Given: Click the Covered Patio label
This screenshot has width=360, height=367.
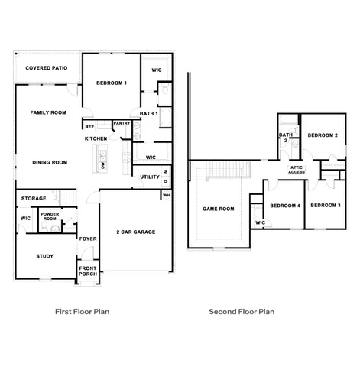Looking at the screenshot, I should pyautogui.click(x=46, y=68).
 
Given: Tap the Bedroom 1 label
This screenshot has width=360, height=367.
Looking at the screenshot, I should pyautogui.click(x=111, y=83).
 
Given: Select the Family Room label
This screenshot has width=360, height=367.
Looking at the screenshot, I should pyautogui.click(x=46, y=112).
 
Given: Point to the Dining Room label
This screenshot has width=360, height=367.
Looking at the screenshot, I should pyautogui.click(x=50, y=162).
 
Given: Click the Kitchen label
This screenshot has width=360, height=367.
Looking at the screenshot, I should pyautogui.click(x=96, y=138).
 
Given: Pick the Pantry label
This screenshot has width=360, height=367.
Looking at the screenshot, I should pyautogui.click(x=121, y=123).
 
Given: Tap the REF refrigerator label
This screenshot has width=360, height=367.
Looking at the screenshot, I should pyautogui.click(x=89, y=127).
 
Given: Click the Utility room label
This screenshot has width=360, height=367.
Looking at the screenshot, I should pyautogui.click(x=149, y=177).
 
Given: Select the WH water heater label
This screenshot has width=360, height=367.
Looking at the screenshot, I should pyautogui.click(x=165, y=196).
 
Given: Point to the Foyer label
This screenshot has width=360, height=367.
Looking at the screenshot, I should pyautogui.click(x=88, y=239).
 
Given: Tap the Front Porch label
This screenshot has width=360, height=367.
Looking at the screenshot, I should pyautogui.click(x=88, y=271).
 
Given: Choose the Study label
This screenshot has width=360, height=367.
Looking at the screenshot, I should pyautogui.click(x=44, y=256).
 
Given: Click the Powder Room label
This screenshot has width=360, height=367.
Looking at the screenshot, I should pyautogui.click(x=50, y=216).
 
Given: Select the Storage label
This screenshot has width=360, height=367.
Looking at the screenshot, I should pyautogui.click(x=34, y=199).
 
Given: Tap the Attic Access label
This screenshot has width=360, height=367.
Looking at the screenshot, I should pyautogui.click(x=297, y=170).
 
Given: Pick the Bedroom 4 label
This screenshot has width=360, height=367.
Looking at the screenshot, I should pyautogui.click(x=285, y=205).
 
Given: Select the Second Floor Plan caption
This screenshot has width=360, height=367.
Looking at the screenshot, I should pyautogui.click(x=242, y=312).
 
